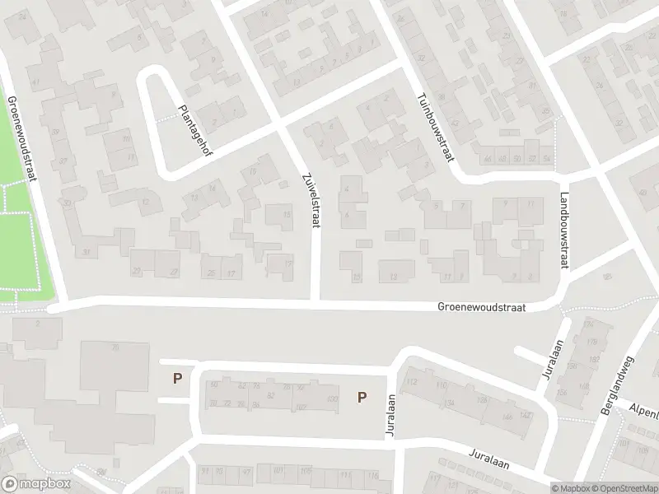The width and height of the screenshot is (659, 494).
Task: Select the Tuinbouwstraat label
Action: click(x=437, y=127)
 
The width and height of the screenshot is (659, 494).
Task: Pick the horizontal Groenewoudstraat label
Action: click(x=483, y=307)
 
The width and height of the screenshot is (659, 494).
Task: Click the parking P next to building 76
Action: click(x=175, y=380)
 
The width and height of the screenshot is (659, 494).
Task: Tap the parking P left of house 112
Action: click(x=361, y=398)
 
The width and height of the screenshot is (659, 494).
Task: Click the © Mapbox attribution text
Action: click(x=571, y=487)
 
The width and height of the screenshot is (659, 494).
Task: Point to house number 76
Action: click(x=115, y=347)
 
